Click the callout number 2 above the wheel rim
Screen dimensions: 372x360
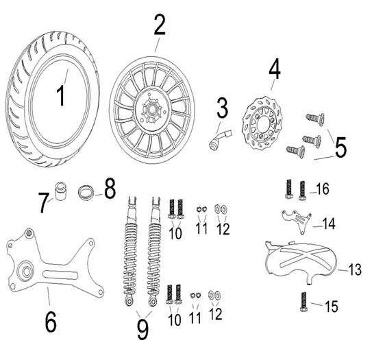160,25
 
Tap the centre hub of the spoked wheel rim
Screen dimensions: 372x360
151,110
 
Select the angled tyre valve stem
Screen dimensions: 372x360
220,139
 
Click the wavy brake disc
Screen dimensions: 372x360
262,123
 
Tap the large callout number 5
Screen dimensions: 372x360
340,147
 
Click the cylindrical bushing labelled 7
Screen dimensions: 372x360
60,191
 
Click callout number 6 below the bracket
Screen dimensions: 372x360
51,322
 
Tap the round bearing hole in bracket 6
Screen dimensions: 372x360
25,271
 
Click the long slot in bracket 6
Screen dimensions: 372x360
60,275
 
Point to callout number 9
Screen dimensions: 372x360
142,329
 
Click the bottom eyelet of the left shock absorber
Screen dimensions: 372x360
129,301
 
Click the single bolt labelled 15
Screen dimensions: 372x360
303,301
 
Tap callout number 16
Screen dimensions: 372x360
323,189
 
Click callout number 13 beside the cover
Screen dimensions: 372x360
355,269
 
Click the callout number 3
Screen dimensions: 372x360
222,108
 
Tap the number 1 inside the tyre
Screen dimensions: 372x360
61,95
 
